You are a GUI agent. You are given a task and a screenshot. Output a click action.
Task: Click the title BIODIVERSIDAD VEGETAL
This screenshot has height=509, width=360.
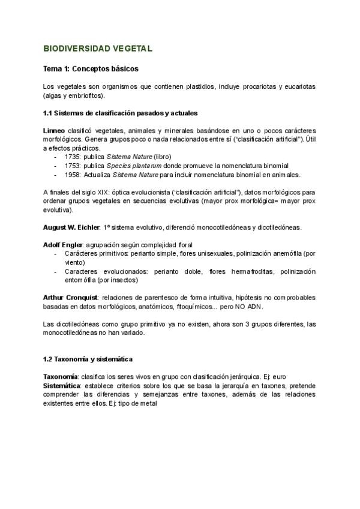(98, 47)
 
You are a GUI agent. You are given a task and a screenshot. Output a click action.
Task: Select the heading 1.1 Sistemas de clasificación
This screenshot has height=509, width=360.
(121, 113)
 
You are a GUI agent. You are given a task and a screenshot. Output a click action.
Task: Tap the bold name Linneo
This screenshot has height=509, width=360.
(54, 130)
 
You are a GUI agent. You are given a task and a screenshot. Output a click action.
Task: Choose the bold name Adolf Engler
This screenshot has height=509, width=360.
(62, 245)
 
